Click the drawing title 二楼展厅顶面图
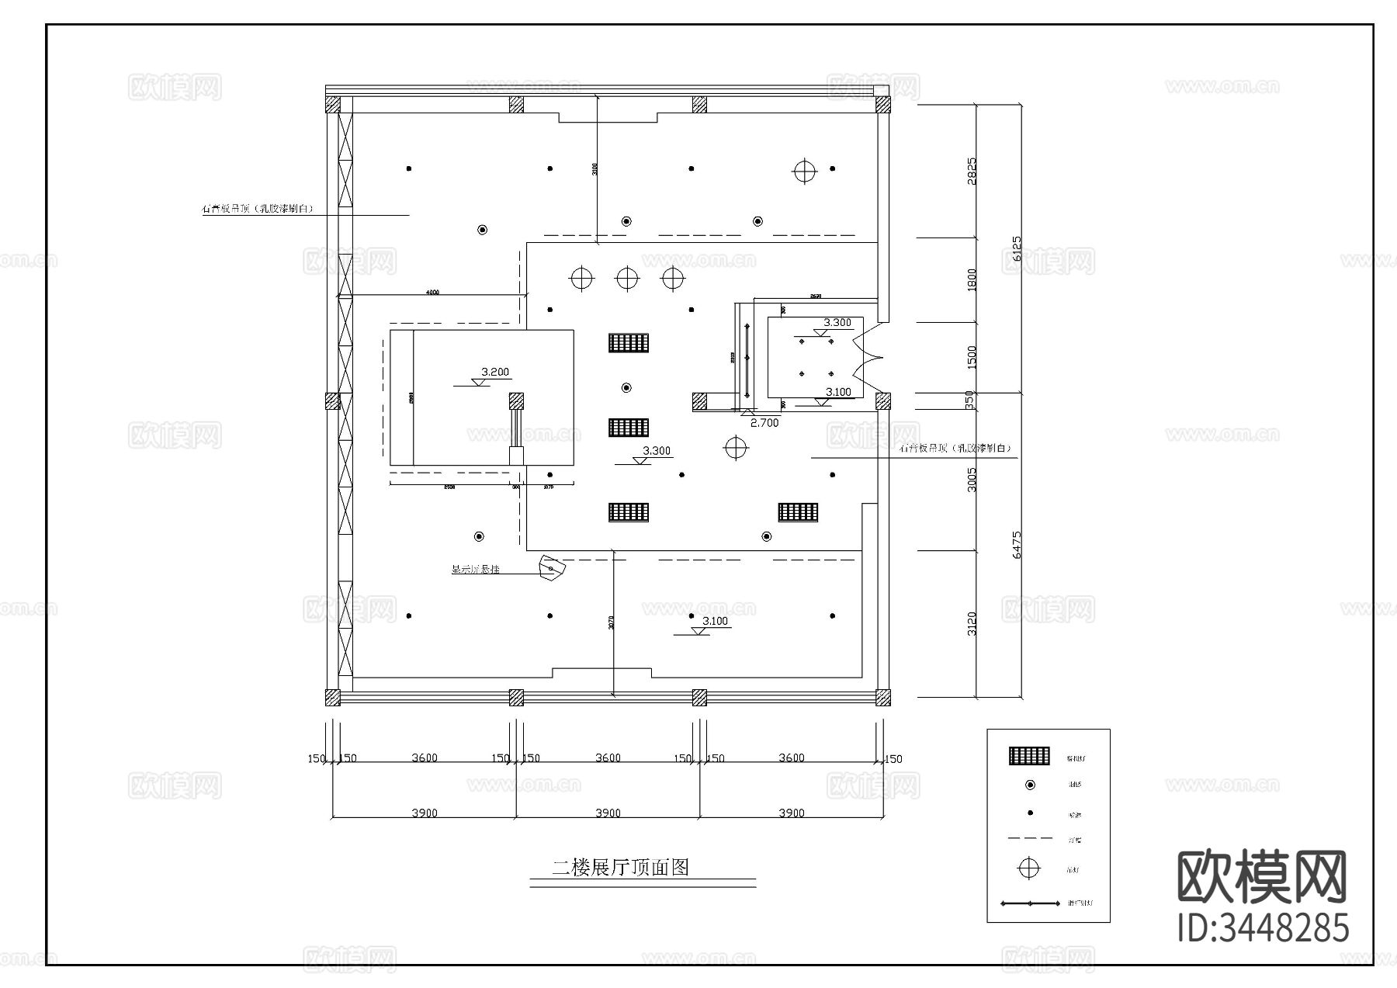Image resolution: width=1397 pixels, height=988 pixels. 620,867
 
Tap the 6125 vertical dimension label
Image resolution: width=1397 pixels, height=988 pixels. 1016,255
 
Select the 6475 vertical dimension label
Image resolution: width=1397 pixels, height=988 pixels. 1016,544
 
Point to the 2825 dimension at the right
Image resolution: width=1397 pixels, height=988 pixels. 972,171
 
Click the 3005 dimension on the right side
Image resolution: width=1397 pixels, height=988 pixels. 972,479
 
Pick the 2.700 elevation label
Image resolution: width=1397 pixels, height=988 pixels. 764,423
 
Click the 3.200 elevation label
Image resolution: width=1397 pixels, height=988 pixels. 495,372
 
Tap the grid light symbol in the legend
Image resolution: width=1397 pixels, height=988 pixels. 1029,756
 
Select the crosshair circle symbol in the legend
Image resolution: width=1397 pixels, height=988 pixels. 1029,868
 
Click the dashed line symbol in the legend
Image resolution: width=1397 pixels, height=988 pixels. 1029,839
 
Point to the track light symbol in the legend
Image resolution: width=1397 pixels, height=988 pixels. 1029,903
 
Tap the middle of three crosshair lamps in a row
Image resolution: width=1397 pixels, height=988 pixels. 627,278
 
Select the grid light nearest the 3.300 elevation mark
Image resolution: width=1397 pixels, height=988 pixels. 629,428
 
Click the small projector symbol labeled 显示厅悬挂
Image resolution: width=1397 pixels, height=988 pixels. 553,567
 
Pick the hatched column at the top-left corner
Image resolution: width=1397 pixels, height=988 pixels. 332,104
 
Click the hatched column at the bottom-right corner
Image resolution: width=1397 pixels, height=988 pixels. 882,697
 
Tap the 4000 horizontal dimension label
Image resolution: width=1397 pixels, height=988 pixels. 432,293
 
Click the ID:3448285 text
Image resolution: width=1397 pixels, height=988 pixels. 1263,927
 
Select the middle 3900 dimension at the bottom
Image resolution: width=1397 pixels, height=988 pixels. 608,813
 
